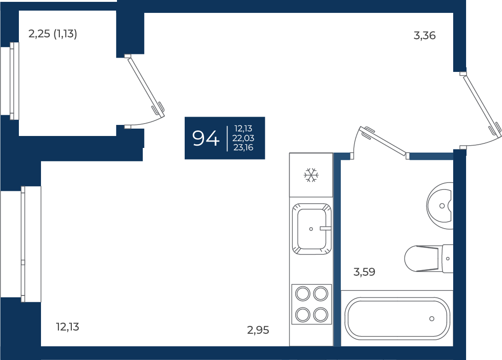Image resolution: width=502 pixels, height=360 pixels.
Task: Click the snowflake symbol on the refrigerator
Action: pyautogui.click(x=311, y=175)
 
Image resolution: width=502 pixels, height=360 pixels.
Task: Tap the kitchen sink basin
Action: pyautogui.click(x=311, y=229)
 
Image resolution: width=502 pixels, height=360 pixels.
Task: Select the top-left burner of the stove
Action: pyautogui.click(x=303, y=294)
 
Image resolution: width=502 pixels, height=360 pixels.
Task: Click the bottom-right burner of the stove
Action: pyautogui.click(x=321, y=315)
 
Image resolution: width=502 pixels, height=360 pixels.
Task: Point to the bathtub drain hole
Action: pyautogui.click(x=432, y=319)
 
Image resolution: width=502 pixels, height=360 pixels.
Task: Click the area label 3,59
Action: pyautogui.click(x=364, y=272)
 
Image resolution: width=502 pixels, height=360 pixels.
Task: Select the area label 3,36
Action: pyautogui.click(x=425, y=35)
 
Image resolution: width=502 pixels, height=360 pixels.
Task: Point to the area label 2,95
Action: pyautogui.click(x=258, y=330)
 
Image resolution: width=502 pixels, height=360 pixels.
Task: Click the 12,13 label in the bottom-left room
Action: pyautogui.click(x=68, y=327)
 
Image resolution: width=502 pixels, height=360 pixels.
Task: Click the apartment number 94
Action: pyautogui.click(x=206, y=138)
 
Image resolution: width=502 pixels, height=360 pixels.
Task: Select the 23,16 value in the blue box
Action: pyautogui.click(x=243, y=148)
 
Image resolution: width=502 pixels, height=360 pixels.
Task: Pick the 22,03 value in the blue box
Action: pyautogui.click(x=243, y=138)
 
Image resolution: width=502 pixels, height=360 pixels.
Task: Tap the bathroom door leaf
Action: pyautogui.click(x=383, y=141)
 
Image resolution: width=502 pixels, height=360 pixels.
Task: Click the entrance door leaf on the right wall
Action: pyautogui.click(x=482, y=106)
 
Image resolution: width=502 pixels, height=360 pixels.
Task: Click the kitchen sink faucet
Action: pyautogui.click(x=325, y=228)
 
